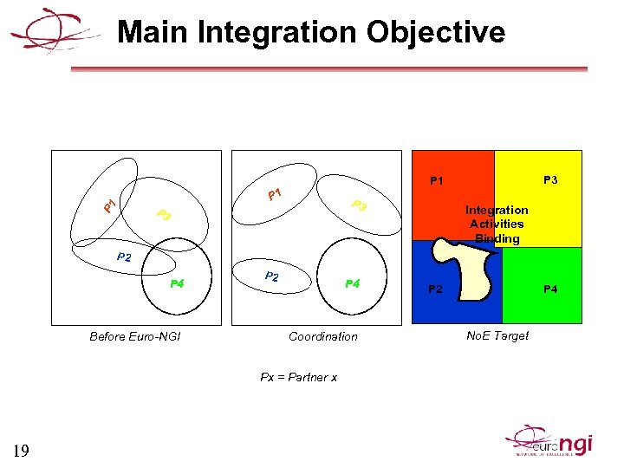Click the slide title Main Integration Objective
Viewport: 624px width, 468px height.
(x=311, y=33)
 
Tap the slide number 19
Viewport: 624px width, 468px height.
(x=22, y=450)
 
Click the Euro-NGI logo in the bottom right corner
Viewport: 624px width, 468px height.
(x=550, y=441)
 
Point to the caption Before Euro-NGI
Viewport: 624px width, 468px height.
(x=135, y=336)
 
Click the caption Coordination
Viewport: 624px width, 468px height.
(x=323, y=336)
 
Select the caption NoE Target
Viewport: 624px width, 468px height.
(x=497, y=335)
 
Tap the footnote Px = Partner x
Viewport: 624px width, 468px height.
(x=299, y=377)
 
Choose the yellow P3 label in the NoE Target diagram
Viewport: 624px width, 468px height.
(x=549, y=180)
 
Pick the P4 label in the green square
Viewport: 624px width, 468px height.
(x=550, y=289)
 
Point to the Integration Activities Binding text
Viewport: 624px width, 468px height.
(x=497, y=224)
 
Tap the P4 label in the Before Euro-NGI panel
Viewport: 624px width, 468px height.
(x=177, y=283)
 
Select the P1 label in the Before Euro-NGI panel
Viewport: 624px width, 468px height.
(x=109, y=205)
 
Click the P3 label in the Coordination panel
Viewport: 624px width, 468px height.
(x=361, y=206)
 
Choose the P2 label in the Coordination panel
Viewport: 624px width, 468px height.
(x=271, y=276)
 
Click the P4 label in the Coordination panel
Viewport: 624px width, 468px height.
(x=353, y=283)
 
